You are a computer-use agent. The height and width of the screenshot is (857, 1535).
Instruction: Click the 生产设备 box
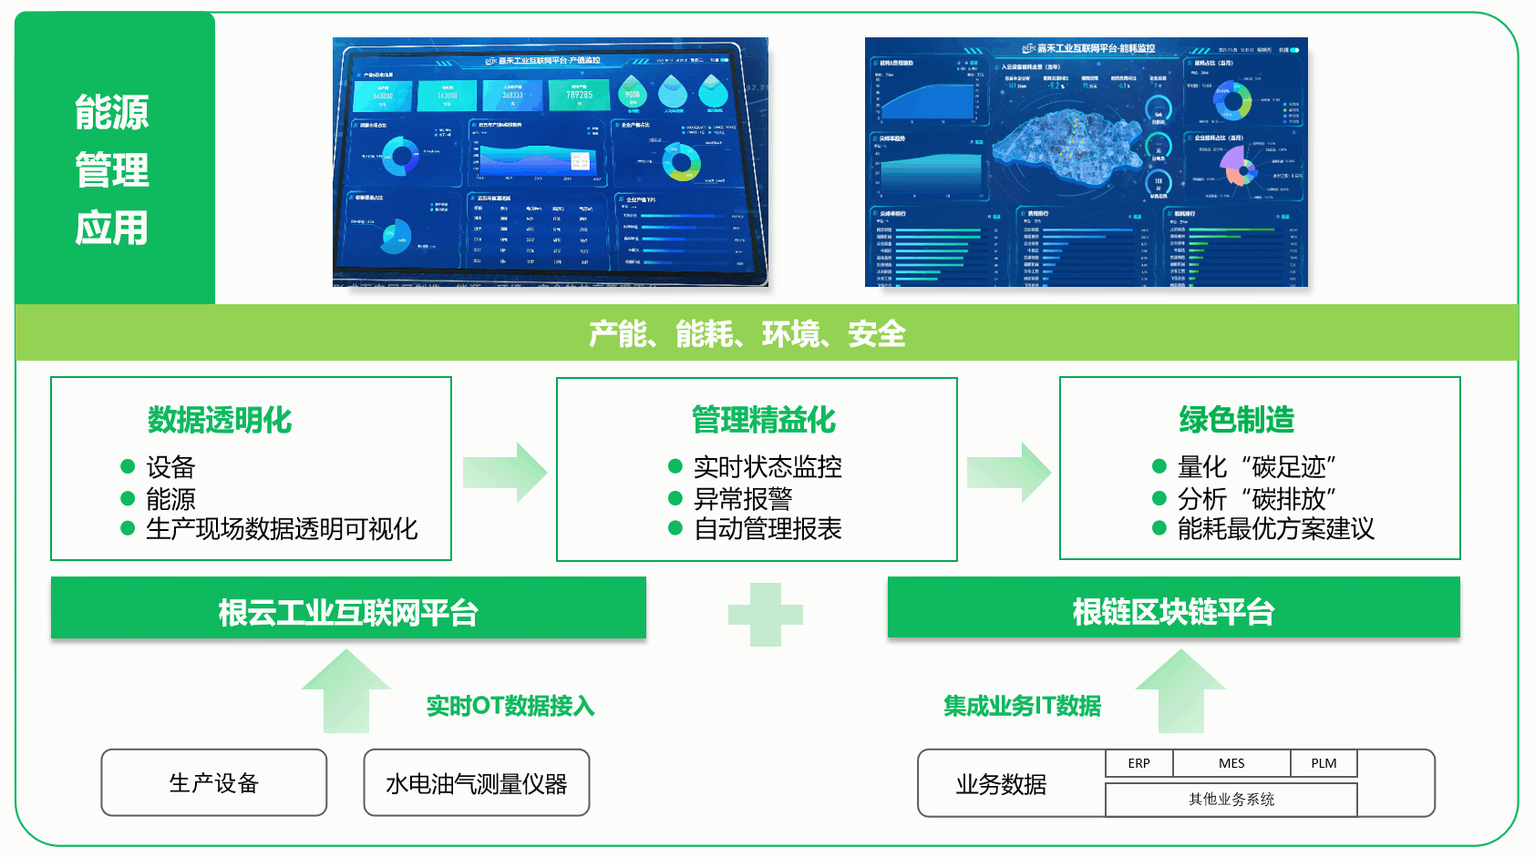[x=214, y=783]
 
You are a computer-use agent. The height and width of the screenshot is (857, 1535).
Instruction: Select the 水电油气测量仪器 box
[x=477, y=783]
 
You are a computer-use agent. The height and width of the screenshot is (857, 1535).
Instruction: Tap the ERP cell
[x=1138, y=763]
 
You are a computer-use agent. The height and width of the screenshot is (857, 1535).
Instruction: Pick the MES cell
[x=1231, y=763]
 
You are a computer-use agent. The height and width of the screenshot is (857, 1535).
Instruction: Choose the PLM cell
[x=1324, y=763]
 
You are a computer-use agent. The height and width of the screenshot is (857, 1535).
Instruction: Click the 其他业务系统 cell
[x=1231, y=800]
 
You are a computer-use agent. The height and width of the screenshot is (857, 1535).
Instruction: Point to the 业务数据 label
[x=1001, y=784]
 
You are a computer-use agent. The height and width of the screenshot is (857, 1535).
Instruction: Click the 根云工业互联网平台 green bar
[x=348, y=612]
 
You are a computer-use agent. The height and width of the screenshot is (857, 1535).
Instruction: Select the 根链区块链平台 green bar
[x=1173, y=611]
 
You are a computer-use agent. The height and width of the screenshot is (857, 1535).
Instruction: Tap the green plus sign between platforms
[x=766, y=615]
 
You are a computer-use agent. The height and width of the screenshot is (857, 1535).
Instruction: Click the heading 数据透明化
[x=220, y=420]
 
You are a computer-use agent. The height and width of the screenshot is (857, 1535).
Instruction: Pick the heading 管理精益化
[x=764, y=420]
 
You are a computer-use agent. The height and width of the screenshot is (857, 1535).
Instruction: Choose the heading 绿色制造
[x=1237, y=420]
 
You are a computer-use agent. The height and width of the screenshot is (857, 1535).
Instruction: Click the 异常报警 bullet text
[x=743, y=499]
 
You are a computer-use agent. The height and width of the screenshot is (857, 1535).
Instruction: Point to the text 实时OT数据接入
[x=510, y=706]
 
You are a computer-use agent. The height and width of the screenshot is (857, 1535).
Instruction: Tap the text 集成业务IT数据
[x=1022, y=706]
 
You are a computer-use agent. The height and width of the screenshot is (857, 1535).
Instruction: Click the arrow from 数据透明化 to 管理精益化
[x=504, y=473]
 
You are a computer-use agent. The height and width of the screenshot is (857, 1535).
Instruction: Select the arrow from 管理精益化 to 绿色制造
[x=1008, y=473]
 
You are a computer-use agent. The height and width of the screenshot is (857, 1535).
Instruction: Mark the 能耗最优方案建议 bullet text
[x=1275, y=529]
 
